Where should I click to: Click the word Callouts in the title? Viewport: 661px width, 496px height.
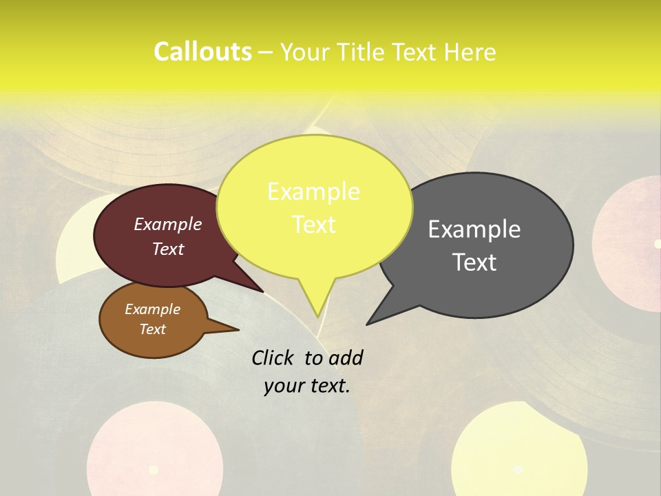tap(202, 52)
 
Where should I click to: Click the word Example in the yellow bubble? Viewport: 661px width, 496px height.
tap(313, 192)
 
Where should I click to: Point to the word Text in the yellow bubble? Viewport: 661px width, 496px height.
tap(313, 224)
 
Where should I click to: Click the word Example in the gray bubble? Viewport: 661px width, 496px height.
tap(474, 229)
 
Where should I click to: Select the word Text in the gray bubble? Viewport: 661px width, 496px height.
tap(475, 262)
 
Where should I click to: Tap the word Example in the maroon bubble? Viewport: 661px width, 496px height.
tap(168, 224)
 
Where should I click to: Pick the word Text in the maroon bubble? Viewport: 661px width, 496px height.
tap(168, 249)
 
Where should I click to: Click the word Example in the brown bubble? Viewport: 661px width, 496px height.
tap(152, 309)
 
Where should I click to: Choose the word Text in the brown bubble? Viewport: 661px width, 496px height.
tap(152, 329)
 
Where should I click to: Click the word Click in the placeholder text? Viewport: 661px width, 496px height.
tap(273, 358)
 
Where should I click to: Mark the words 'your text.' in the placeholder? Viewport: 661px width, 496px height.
tap(307, 386)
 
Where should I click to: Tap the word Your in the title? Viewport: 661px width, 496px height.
tap(304, 52)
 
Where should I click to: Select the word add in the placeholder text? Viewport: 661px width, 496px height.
tap(345, 358)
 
